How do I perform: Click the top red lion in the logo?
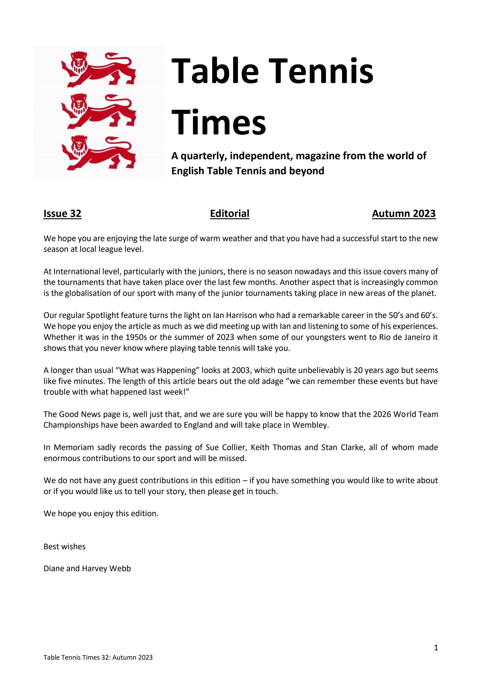pos(98,70)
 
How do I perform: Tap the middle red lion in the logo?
pos(98,111)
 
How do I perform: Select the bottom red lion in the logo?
pos(98,153)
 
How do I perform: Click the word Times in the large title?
pos(219,122)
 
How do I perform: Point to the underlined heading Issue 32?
pos(62,213)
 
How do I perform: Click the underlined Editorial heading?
pos(229,213)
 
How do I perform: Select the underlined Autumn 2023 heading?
pos(403,213)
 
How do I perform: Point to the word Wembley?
pos(310,425)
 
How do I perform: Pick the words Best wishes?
pos(64,547)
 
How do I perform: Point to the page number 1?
pos(436,648)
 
